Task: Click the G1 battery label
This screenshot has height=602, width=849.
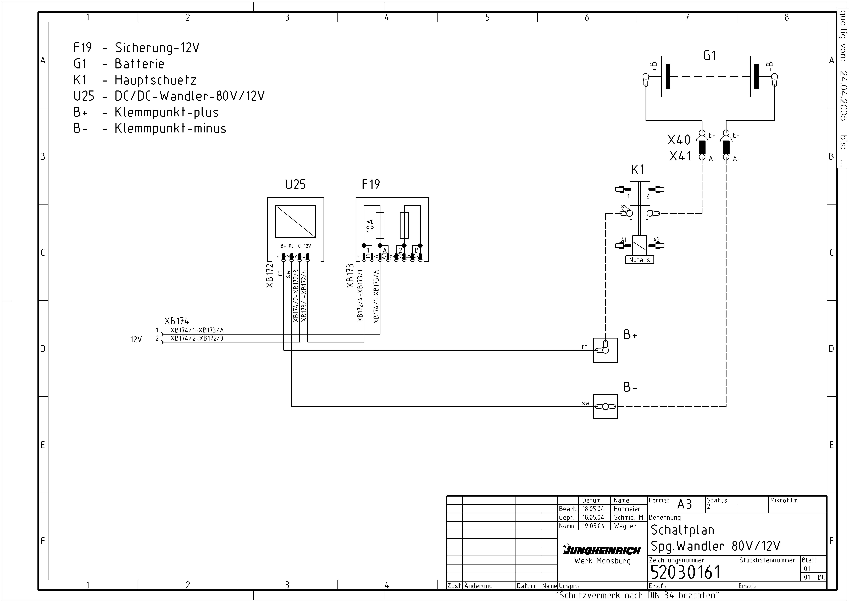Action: [709, 56]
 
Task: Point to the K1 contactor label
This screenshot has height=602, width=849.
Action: [638, 170]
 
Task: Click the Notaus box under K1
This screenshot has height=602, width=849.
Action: [639, 260]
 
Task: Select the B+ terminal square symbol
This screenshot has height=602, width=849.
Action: [605, 350]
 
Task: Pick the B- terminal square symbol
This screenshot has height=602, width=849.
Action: [605, 407]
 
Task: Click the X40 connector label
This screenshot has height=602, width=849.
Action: [679, 140]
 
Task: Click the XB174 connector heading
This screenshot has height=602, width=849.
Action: [177, 321]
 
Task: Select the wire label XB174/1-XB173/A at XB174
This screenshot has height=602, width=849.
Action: [197, 330]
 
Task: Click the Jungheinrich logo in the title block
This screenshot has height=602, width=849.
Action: [602, 550]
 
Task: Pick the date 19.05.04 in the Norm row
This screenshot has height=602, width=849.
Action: [593, 526]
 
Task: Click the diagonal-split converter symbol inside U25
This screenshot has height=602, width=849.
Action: [295, 221]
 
